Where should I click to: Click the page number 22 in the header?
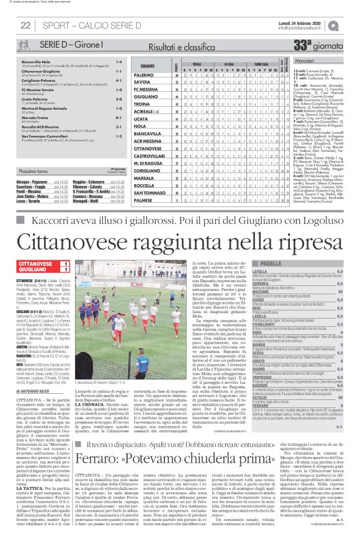click(x=26, y=25)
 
